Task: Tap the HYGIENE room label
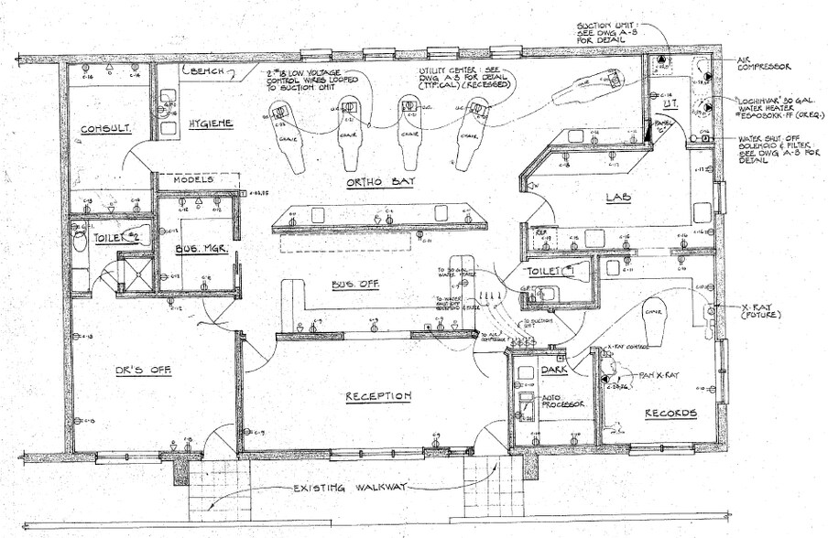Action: point(211,124)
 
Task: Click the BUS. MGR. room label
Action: point(198,248)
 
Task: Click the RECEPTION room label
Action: point(378,396)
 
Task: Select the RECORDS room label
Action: point(670,414)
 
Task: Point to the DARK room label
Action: point(555,371)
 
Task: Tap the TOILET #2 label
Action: point(116,237)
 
